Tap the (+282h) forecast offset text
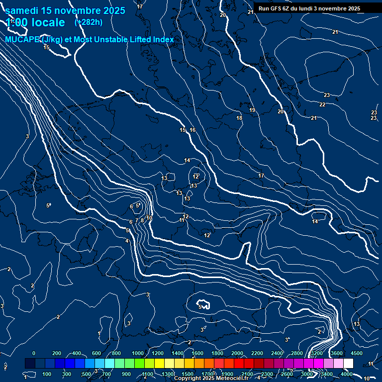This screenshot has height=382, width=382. [89, 22]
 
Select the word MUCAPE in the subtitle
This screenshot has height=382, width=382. [22, 40]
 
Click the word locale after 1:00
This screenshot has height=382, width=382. [47, 22]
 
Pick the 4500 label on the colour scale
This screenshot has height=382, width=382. [356, 353]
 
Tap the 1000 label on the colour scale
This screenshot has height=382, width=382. [137, 353]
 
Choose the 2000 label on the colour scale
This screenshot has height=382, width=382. [237, 353]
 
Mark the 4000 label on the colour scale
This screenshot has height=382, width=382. [347, 374]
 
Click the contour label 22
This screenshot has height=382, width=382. [322, 104]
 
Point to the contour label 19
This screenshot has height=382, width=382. [252, 110]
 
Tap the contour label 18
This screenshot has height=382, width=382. [239, 118]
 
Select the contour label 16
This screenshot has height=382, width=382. [192, 130]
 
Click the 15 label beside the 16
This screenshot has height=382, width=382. [183, 130]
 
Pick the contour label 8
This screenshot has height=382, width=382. [142, 220]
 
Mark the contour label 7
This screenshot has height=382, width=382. [137, 220]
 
